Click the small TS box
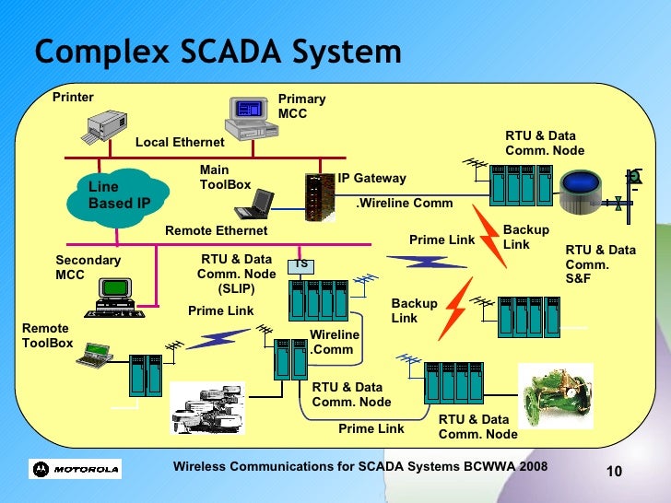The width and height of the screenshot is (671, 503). pos(300,265)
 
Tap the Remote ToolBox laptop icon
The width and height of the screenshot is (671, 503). pos(94,352)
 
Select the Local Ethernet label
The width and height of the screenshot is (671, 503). pos(180,142)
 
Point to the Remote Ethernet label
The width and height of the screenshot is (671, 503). pos(216,230)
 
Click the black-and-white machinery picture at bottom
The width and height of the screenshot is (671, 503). pos(208,405)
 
